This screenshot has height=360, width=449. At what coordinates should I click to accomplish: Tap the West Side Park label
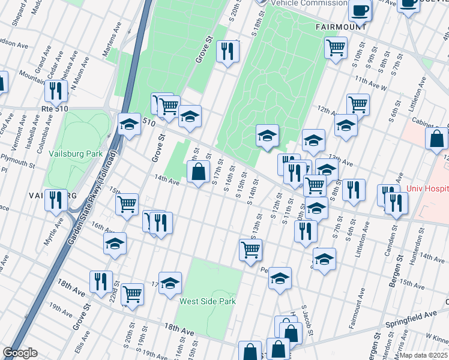(x=207, y=301)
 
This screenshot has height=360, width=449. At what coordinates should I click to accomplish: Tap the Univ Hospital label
(x=427, y=188)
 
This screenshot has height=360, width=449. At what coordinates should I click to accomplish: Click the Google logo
(x=20, y=352)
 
